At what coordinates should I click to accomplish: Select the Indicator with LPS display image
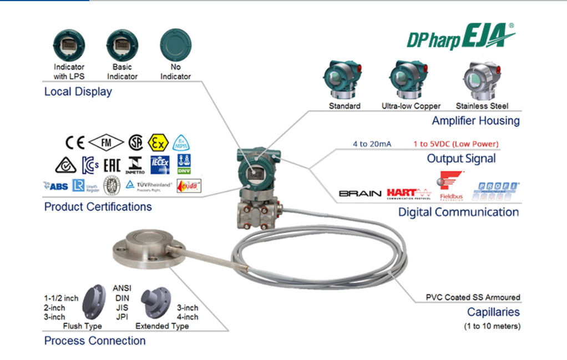click(68, 45)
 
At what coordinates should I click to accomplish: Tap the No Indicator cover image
click(175, 45)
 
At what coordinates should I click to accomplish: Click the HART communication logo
click(409, 193)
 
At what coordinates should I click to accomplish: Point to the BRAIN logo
click(360, 194)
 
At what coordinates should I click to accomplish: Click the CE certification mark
click(75, 143)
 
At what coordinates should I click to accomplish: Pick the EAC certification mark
click(112, 164)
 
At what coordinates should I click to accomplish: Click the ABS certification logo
click(56, 186)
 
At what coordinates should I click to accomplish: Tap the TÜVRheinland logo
click(148, 186)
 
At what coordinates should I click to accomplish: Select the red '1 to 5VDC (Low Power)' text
click(455, 144)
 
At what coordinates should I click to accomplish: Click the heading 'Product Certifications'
click(98, 207)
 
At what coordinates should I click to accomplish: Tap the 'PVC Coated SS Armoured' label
click(473, 297)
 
